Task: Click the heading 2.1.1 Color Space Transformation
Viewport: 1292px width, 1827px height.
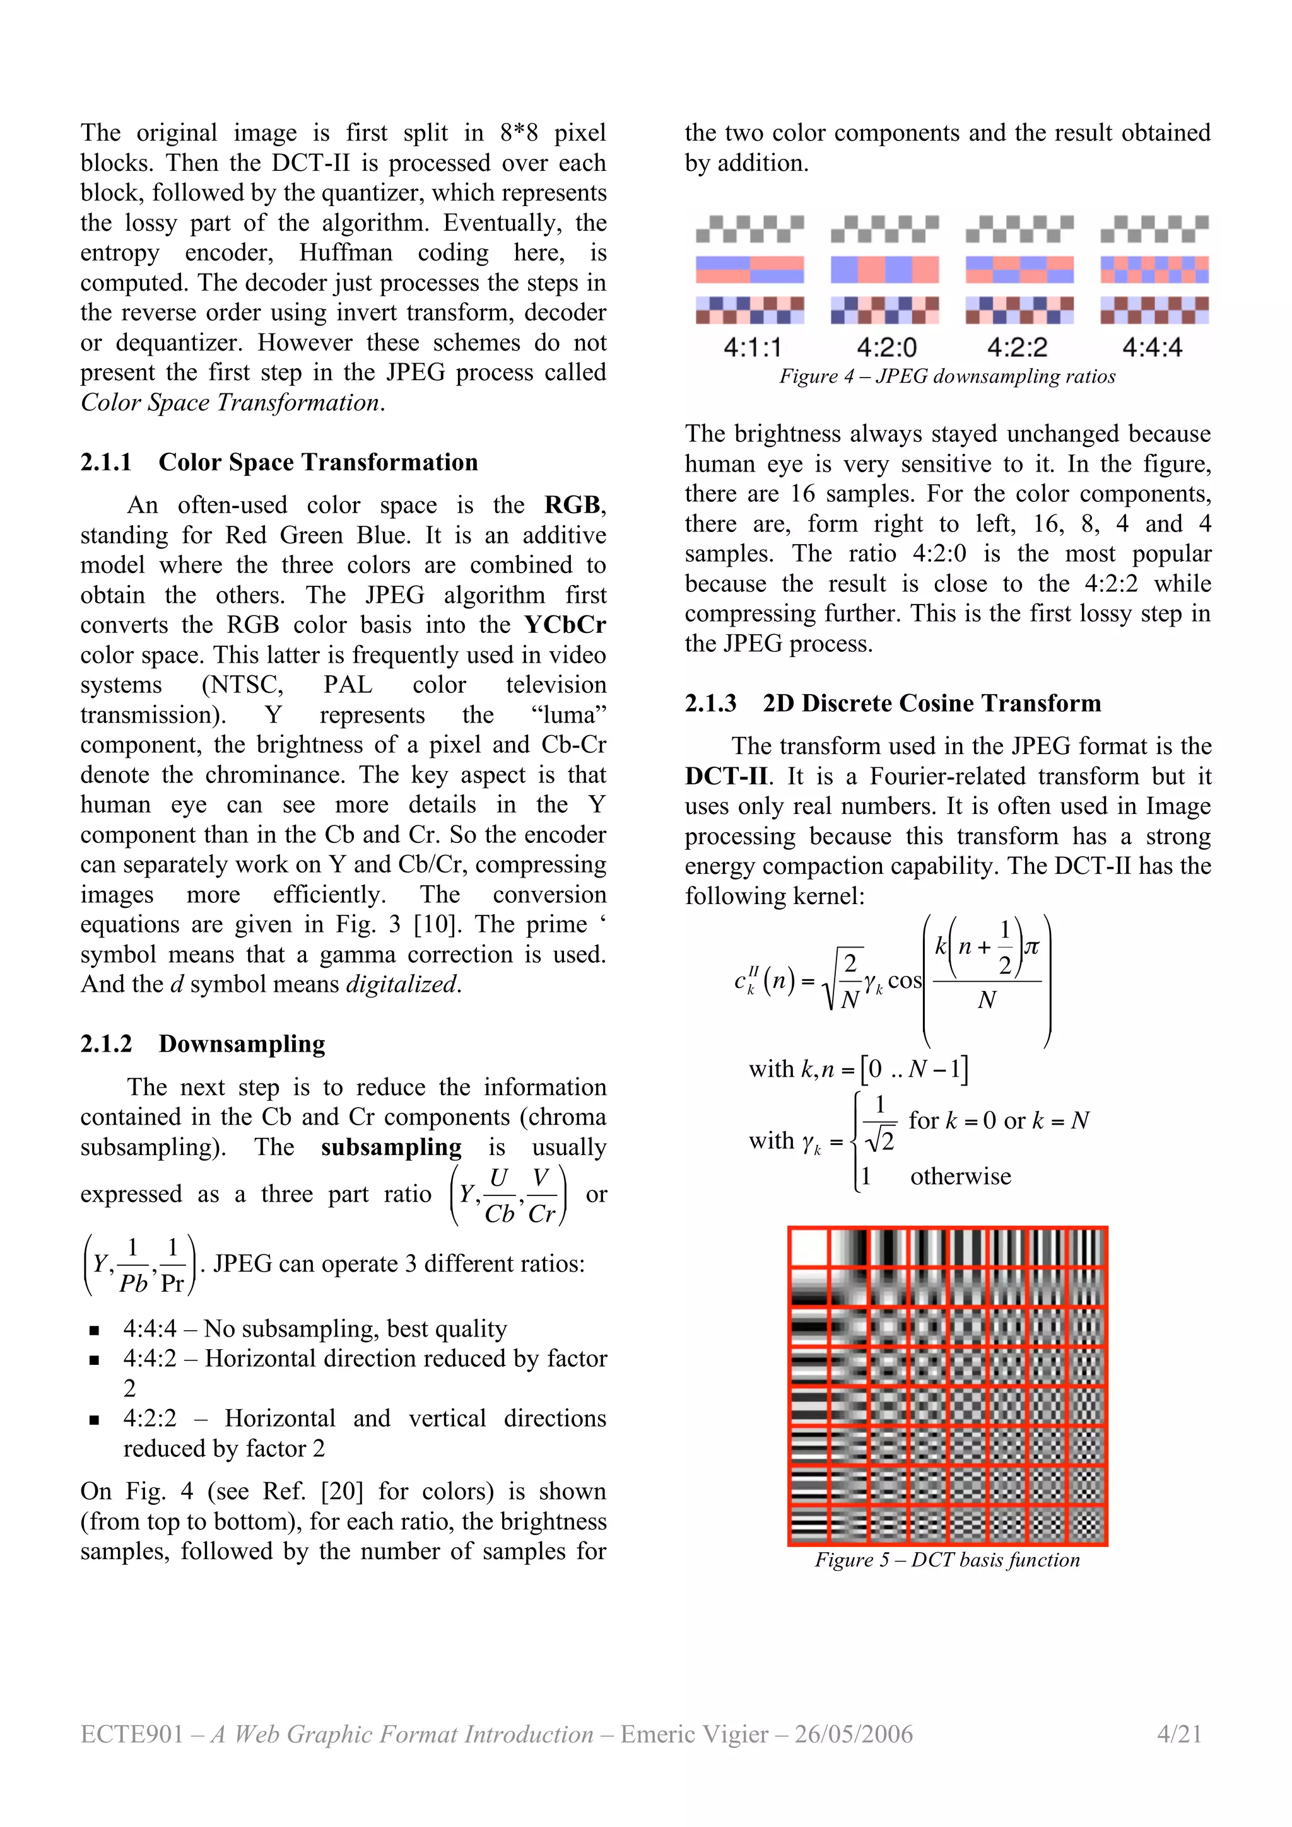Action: tap(279, 462)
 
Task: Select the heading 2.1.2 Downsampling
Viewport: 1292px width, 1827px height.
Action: tap(203, 1043)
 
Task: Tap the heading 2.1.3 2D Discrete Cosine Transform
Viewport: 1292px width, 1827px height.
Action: tap(893, 704)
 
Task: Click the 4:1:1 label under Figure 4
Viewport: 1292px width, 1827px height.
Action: tap(751, 348)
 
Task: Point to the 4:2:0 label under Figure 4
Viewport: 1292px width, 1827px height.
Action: tap(886, 348)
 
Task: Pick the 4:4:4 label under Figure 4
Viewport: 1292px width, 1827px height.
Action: tap(1152, 348)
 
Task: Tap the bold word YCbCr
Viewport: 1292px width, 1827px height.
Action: tap(565, 625)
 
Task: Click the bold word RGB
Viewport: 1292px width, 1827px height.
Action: tap(572, 505)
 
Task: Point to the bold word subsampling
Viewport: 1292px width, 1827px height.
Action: tap(391, 1147)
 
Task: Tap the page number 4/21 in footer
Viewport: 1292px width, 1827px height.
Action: tap(1179, 1734)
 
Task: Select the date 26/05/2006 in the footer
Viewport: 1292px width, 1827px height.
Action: tap(854, 1734)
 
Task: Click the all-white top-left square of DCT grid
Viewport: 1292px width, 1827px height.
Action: tap(808, 1248)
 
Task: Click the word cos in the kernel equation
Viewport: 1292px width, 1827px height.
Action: tap(904, 980)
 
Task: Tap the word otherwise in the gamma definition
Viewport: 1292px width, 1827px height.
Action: tap(960, 1176)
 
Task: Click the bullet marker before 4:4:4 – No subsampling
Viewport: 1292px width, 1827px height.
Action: tap(95, 1330)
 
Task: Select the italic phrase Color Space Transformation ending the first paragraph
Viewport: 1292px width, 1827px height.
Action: tap(229, 403)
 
